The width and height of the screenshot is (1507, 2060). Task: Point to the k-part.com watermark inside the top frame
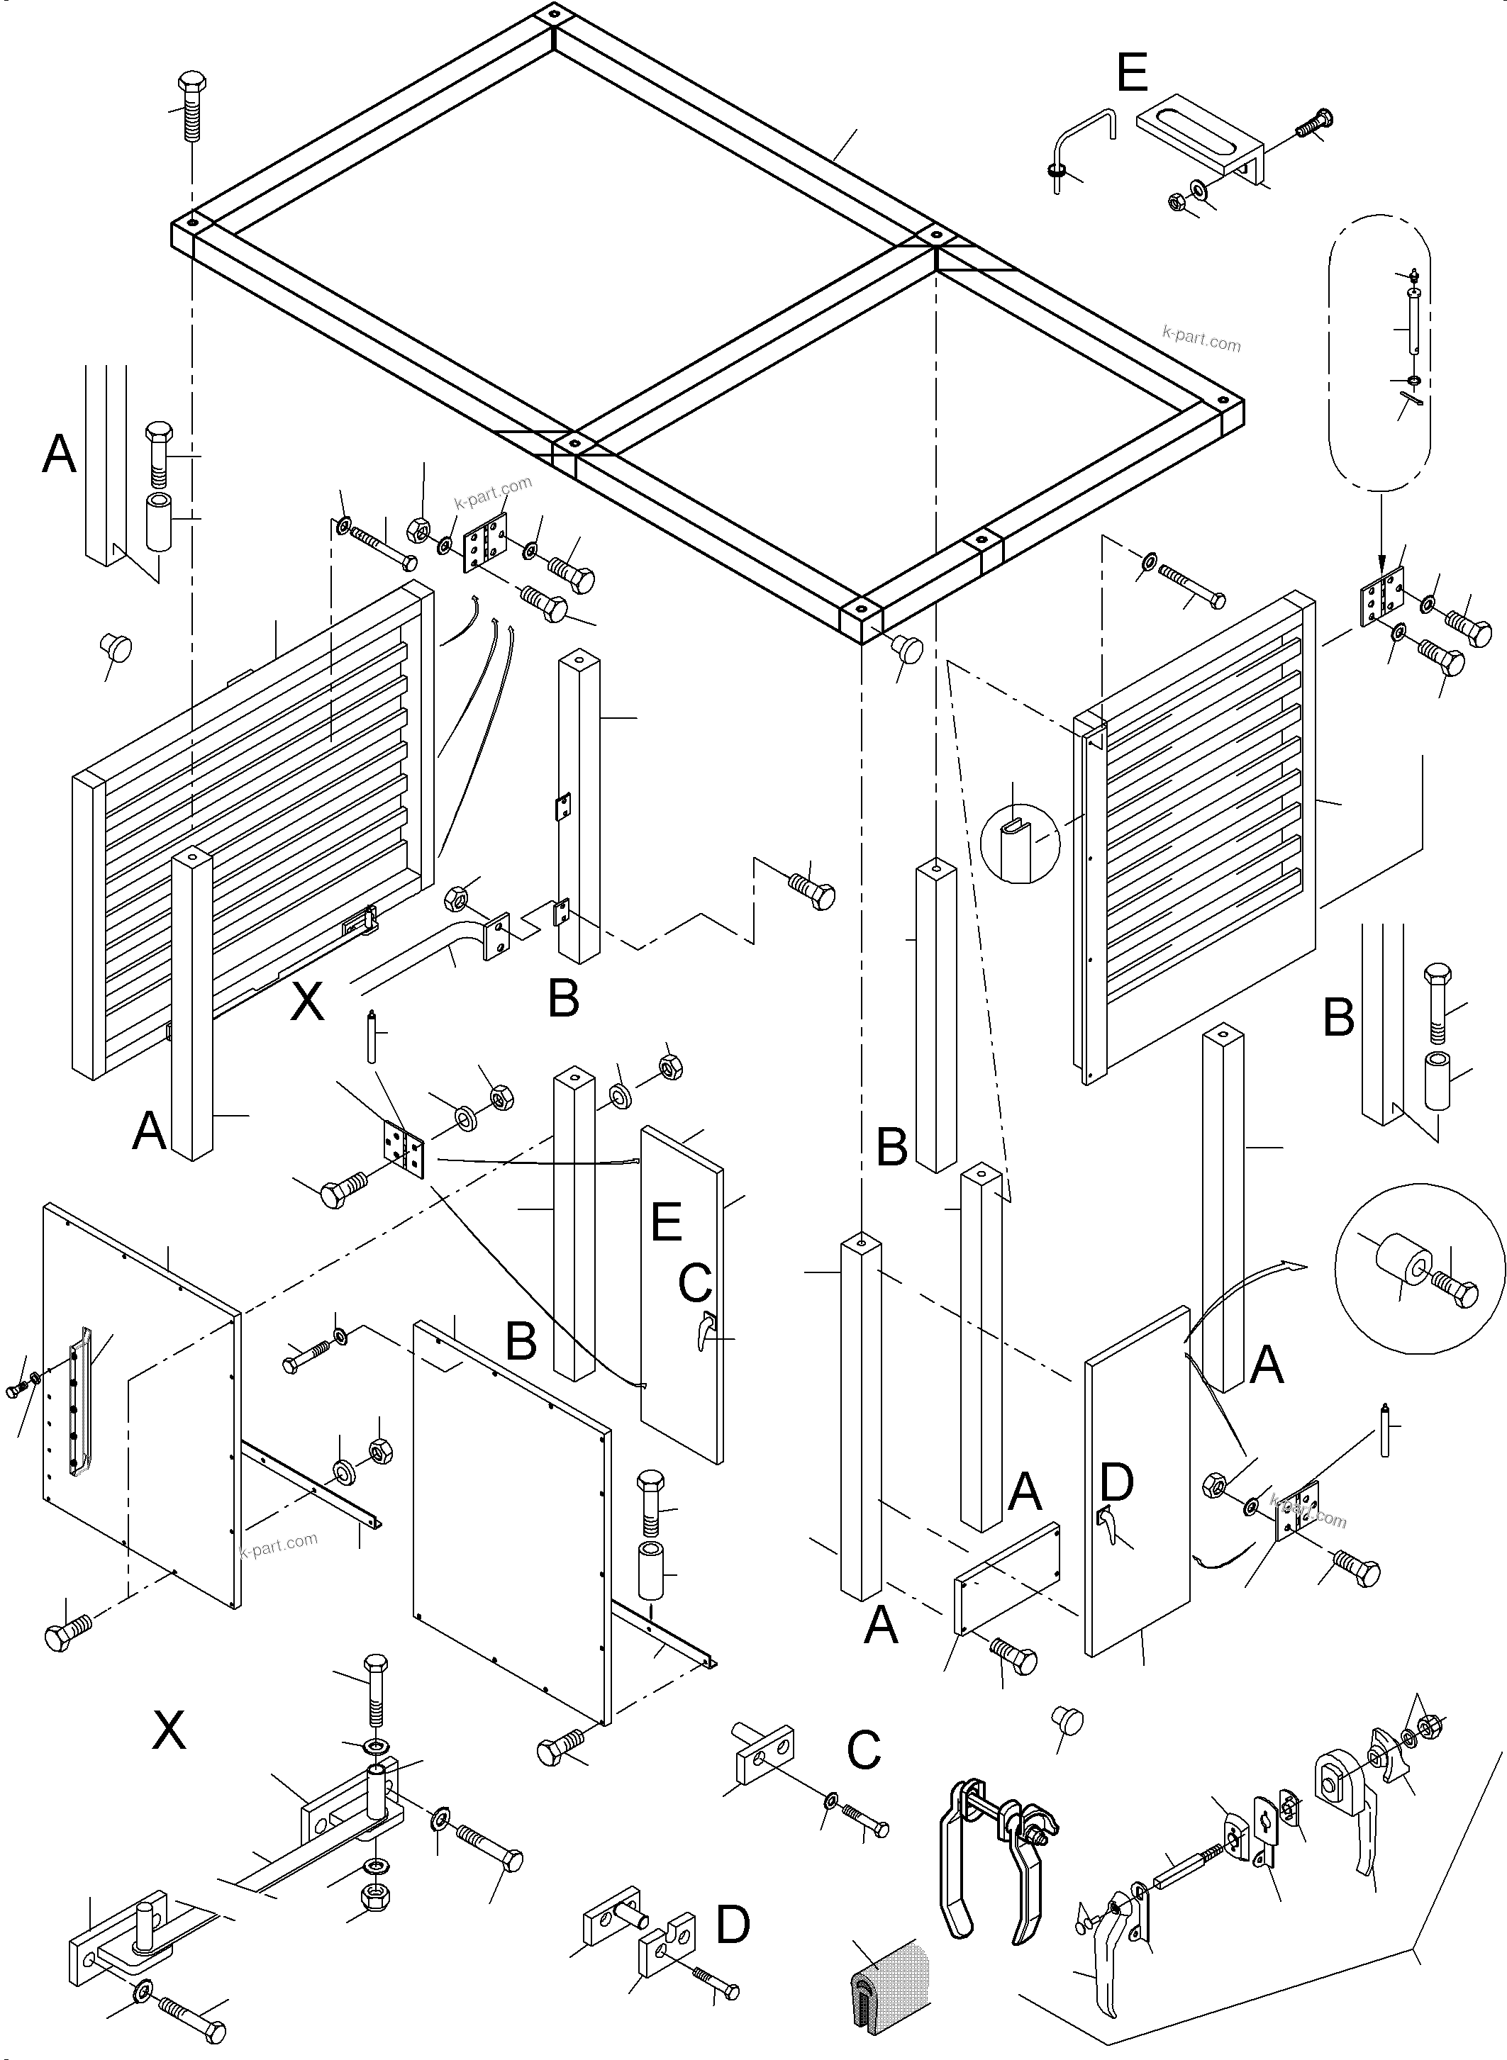1201,340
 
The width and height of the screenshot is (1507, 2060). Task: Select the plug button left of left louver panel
115,649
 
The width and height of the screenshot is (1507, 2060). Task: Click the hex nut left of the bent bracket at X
456,899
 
